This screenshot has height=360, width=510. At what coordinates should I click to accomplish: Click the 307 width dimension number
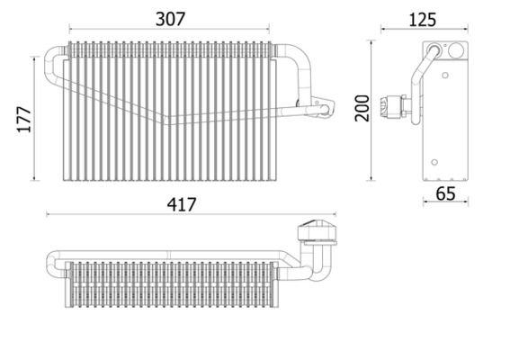point(170,19)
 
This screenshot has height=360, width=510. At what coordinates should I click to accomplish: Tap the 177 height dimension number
point(24,120)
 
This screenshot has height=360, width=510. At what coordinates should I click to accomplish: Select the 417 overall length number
point(182,204)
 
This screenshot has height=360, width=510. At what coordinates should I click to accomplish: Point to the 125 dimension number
point(422,20)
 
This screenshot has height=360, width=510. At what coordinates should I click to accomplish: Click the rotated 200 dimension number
point(362,108)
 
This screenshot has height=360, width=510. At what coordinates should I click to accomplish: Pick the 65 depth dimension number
point(445,194)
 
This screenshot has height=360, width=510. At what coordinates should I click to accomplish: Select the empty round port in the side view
point(456,50)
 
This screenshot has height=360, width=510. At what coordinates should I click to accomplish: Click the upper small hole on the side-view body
point(445,76)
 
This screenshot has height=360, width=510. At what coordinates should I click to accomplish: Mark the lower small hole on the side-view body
point(434,162)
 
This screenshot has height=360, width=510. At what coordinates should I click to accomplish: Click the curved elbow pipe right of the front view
point(300,70)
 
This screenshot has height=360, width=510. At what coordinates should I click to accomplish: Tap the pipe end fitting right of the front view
point(323,108)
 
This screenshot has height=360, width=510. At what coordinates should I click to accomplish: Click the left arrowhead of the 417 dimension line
point(49,214)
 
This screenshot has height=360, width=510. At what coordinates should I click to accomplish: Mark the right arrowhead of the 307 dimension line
point(267,29)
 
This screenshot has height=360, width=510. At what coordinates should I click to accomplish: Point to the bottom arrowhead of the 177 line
point(34,178)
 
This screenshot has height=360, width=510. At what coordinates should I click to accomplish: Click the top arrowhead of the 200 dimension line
point(371,42)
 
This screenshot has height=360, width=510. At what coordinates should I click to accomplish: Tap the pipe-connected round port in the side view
point(434,50)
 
